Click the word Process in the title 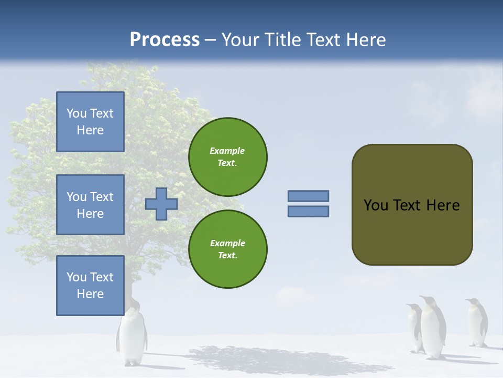pos(165,40)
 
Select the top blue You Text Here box pos(90,122)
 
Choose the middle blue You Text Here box pos(90,205)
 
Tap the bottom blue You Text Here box pos(90,285)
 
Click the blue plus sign pos(161,204)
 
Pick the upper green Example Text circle pos(227,156)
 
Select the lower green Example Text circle pos(227,249)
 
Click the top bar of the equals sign pos(308,196)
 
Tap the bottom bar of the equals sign pos(308,211)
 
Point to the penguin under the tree pos(132,336)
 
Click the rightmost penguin pos(477,322)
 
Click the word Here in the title pos(366,40)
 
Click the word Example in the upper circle pos(227,151)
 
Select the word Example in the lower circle pos(227,243)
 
